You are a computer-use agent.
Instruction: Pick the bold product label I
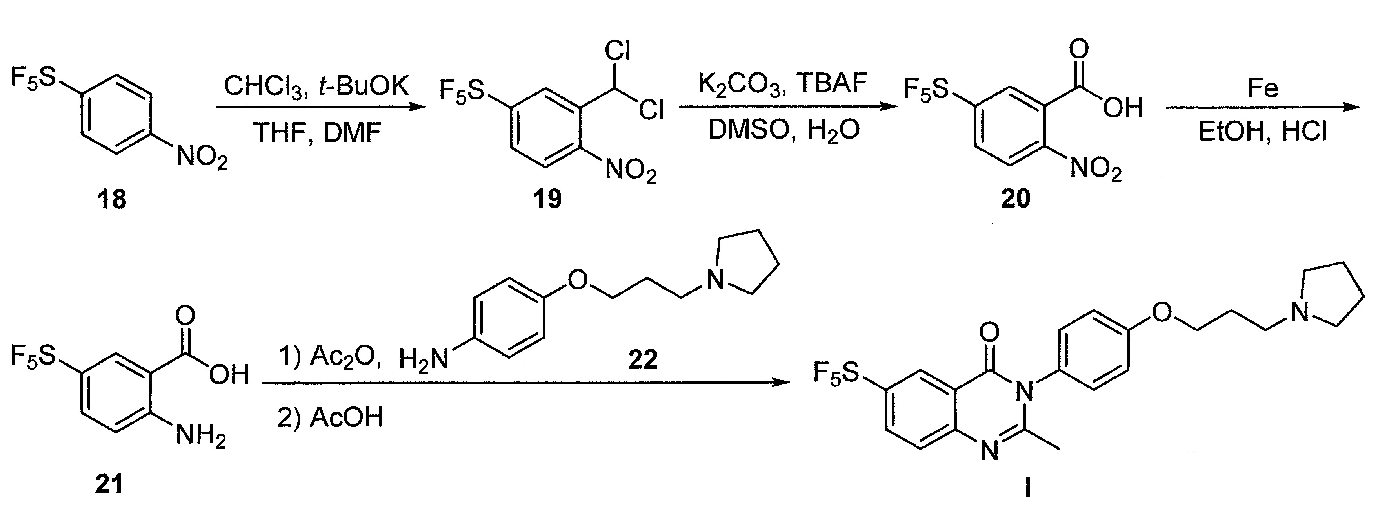pyautogui.click(x=1027, y=489)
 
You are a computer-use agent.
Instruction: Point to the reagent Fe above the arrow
pyautogui.click(x=1263, y=88)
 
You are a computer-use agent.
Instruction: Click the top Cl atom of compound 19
pyautogui.click(x=617, y=51)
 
